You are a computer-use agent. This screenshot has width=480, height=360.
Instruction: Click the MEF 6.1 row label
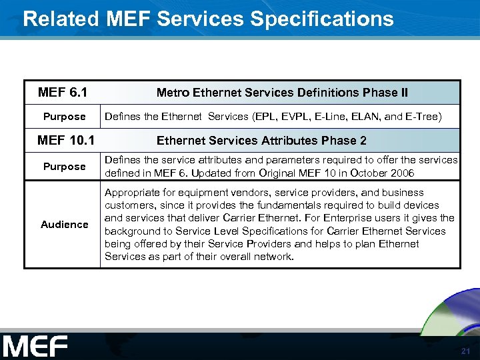tap(63, 92)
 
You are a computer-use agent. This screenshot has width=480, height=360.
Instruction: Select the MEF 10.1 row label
tap(64, 140)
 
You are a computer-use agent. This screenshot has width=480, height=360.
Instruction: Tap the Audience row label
tap(64, 225)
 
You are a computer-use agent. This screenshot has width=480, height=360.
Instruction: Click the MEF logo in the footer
tap(35, 346)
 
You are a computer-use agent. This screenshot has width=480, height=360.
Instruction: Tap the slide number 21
tap(465, 351)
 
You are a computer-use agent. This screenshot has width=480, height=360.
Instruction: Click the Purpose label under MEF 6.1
tap(64, 117)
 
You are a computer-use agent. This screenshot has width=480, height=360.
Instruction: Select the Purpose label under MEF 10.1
tap(64, 167)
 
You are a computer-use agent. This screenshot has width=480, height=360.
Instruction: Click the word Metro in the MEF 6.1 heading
tap(173, 93)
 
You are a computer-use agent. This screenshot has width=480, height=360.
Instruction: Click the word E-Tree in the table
tap(421, 117)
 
